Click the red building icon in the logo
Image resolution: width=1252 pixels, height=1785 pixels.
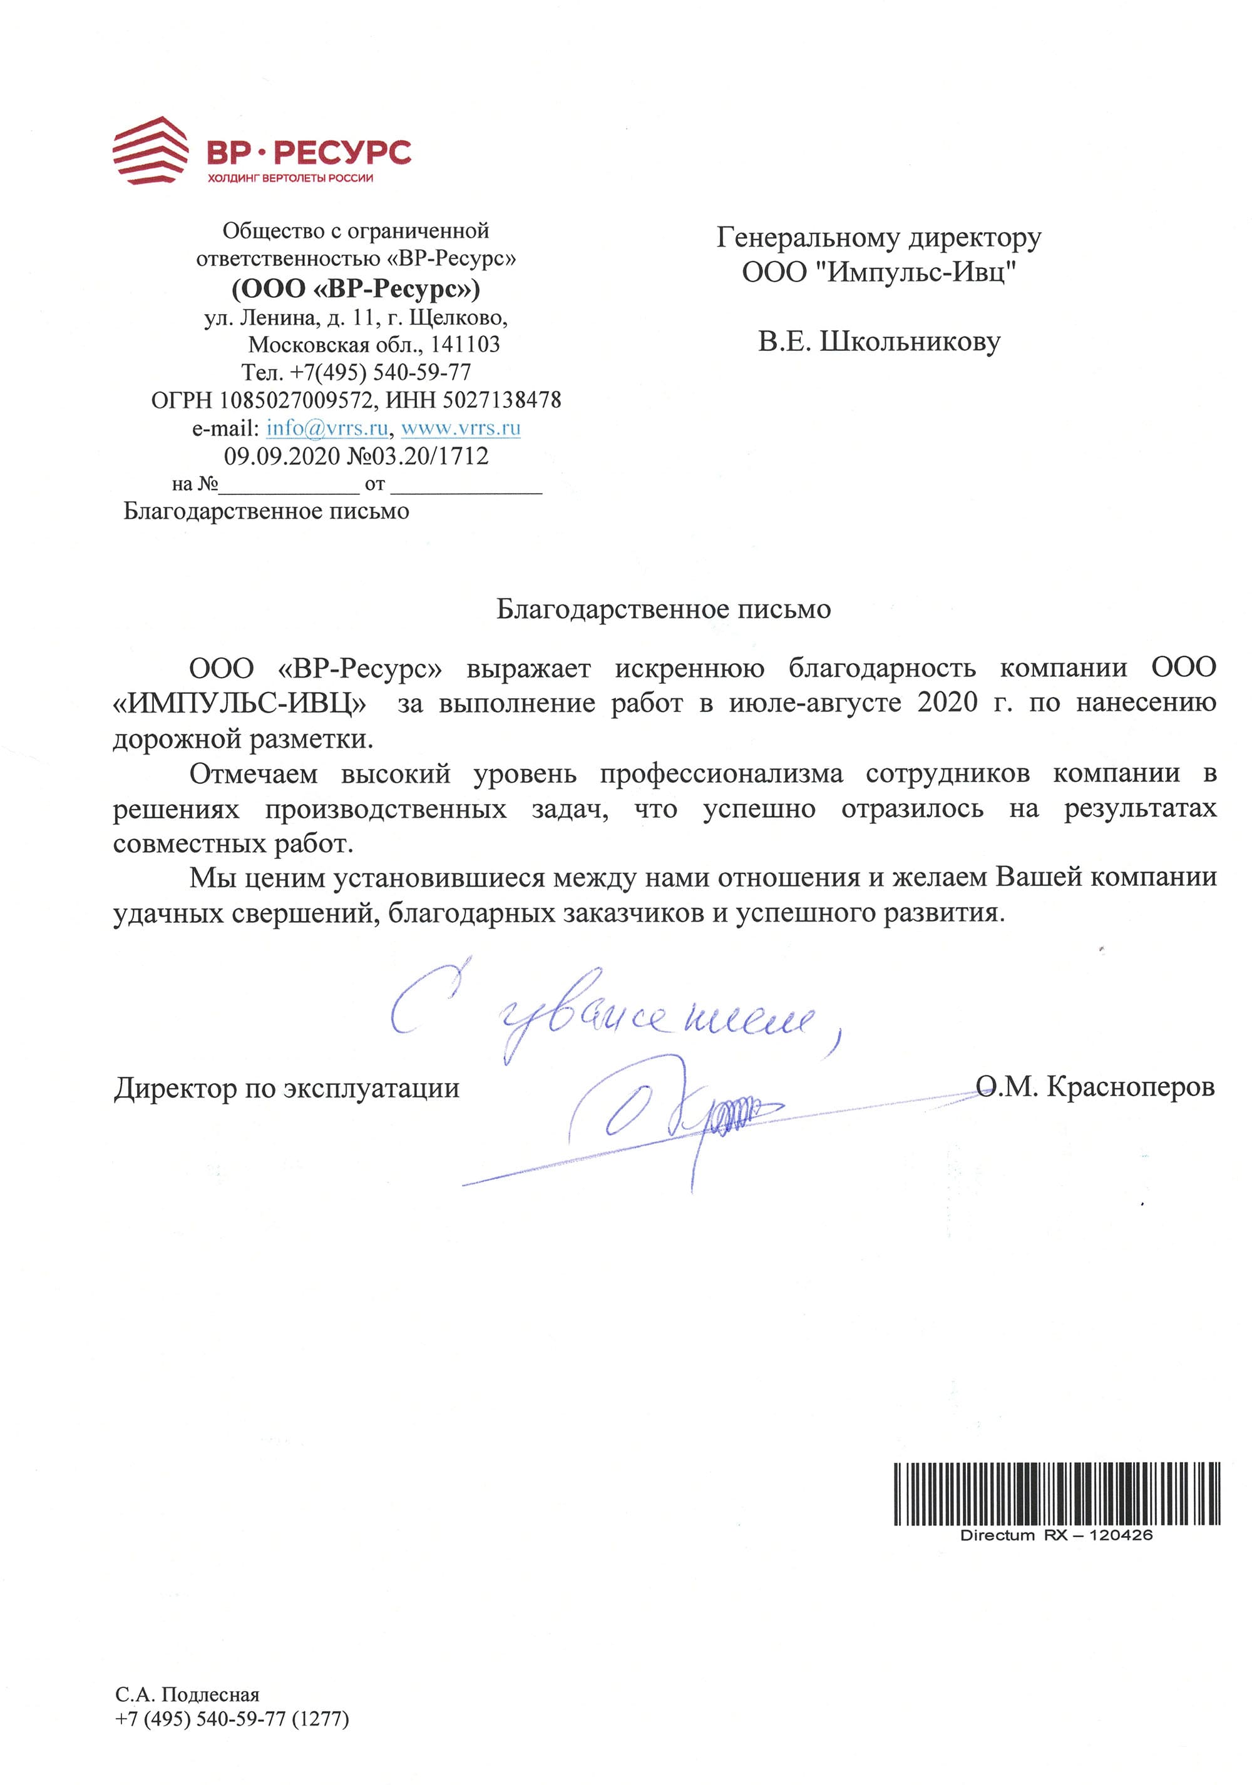[x=150, y=150]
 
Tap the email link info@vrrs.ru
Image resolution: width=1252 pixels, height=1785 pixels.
[x=327, y=427]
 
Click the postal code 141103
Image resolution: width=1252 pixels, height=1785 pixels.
[x=465, y=344]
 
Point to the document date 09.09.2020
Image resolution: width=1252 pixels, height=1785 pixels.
[x=282, y=456]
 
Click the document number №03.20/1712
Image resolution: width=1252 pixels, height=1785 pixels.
[x=418, y=456]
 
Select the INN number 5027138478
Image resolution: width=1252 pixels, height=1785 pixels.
[x=501, y=400]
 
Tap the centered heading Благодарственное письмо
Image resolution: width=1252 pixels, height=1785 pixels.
[x=664, y=609]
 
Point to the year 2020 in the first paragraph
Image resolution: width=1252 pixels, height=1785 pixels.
[x=947, y=703]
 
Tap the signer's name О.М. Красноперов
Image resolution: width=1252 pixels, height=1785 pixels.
[x=1095, y=1087]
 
